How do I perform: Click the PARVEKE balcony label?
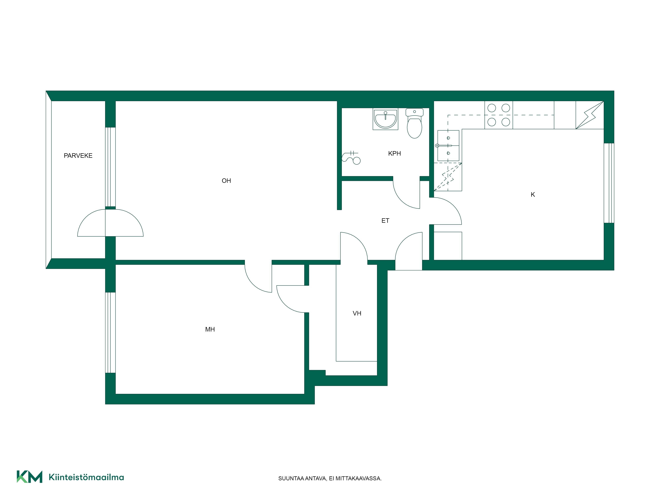(x=78, y=155)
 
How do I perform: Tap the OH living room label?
(x=226, y=181)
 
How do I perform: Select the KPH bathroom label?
(x=395, y=153)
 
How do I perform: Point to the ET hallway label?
(x=385, y=220)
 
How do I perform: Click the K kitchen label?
(x=533, y=195)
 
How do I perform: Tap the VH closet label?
(x=357, y=313)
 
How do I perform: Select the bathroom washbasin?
(x=385, y=119)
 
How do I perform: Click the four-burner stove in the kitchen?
(x=499, y=115)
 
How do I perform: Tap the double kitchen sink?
(x=448, y=146)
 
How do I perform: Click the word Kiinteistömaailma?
(x=86, y=477)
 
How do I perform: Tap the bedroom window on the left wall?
(x=110, y=332)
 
